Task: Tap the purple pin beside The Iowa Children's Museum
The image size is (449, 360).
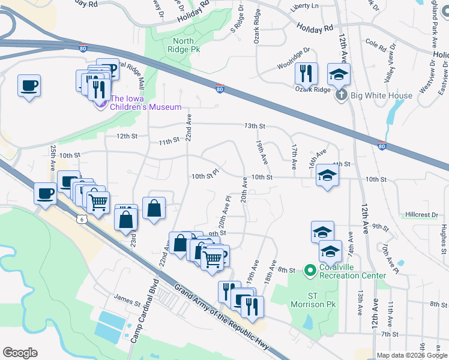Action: [100, 104]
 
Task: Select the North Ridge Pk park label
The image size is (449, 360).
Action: [184, 46]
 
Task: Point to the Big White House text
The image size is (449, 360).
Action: [381, 95]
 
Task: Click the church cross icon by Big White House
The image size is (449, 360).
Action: [340, 95]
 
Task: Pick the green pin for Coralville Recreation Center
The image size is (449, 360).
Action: [310, 271]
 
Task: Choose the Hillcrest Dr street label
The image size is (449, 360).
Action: [421, 214]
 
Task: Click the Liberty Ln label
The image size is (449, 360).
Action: [304, 5]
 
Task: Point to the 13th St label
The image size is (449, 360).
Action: [255, 126]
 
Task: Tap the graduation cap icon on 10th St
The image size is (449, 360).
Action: [327, 175]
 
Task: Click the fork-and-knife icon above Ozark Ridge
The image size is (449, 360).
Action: [306, 73]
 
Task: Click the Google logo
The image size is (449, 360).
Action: [20, 353]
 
